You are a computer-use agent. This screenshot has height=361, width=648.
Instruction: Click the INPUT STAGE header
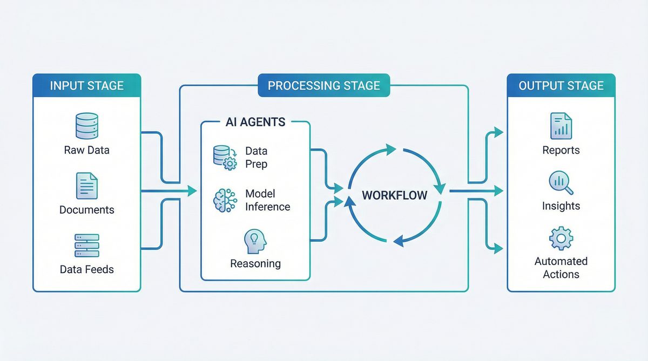86,85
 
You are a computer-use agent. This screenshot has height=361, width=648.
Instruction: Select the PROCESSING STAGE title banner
323,85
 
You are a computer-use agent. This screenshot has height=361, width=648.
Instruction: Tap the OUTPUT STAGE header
561,85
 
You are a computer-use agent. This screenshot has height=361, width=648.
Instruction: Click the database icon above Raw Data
86,126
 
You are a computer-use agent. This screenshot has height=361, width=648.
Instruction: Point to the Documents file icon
86,186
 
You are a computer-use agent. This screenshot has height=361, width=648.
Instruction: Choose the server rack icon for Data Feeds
86,246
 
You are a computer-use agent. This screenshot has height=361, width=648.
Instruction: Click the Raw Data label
86,150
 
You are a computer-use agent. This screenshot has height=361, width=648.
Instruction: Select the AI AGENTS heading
255,122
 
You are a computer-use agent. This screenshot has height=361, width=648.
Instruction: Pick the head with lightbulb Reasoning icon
255,241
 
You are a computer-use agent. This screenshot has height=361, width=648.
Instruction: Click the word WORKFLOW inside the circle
395,195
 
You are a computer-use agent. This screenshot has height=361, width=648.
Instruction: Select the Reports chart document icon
561,126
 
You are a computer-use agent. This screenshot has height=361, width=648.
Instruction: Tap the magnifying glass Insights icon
561,182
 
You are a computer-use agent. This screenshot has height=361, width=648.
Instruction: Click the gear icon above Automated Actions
561,238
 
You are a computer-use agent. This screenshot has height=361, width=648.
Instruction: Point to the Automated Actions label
561,268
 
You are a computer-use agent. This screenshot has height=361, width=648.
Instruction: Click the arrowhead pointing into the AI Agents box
191,190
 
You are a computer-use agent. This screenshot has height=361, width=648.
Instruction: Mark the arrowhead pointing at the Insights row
498,190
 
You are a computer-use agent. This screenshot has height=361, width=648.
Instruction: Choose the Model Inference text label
267,200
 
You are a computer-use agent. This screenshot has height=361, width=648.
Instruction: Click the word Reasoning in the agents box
255,264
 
